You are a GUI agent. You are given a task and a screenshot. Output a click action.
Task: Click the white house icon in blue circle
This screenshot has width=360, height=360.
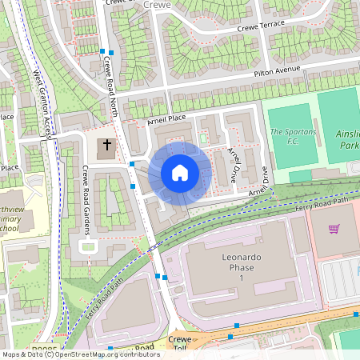(x=180, y=172)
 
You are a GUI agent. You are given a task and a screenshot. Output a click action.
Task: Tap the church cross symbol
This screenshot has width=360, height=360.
(x=107, y=147)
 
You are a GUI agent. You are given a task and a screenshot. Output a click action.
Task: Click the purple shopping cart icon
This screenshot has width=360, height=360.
(x=334, y=229)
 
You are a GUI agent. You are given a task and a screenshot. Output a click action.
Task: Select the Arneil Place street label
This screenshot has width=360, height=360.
(x=166, y=120)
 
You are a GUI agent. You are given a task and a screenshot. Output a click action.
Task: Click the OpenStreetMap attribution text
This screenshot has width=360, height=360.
(x=80, y=354)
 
